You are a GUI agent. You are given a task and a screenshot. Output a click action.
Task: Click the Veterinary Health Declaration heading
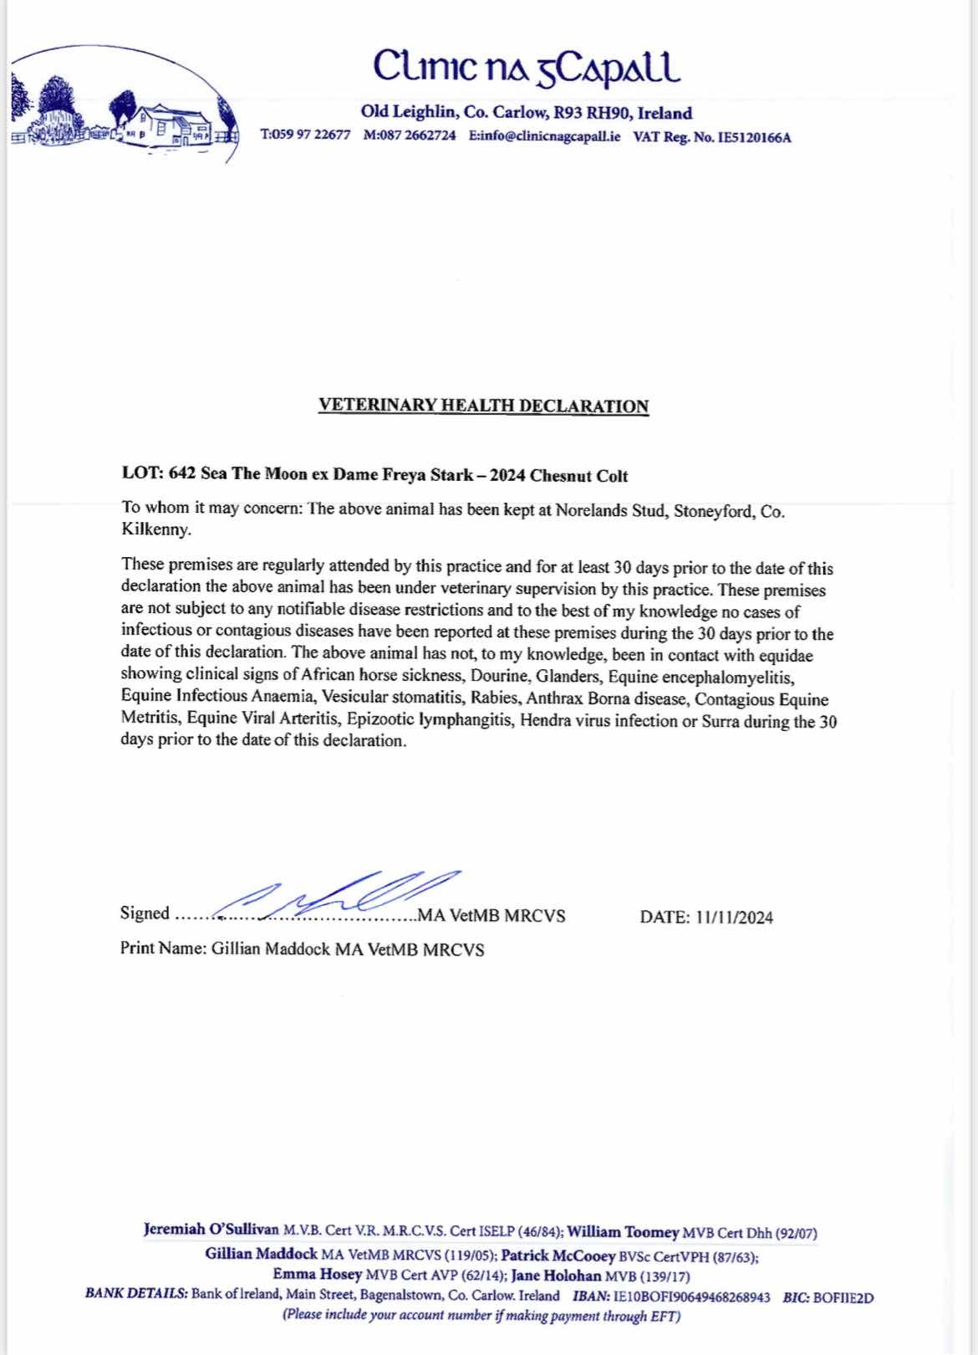(x=483, y=406)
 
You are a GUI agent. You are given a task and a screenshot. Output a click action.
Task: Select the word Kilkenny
(x=155, y=530)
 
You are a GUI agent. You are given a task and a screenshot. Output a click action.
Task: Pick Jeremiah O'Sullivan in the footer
(x=211, y=1232)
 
